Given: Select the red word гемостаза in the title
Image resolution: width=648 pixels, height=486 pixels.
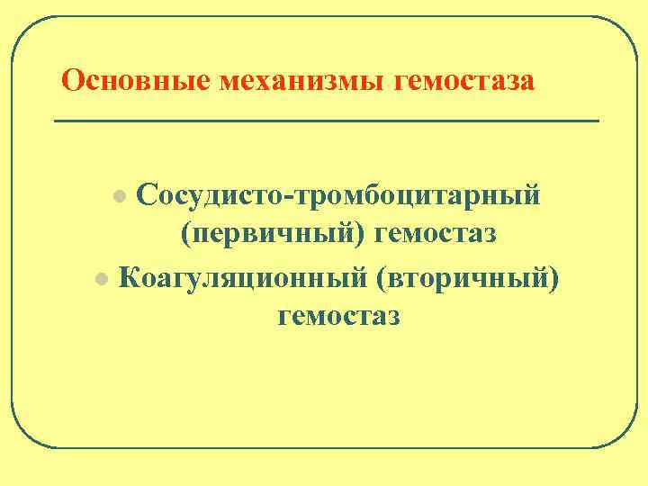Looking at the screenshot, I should click(464, 81).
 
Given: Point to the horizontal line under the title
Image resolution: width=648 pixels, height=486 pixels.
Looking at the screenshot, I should click(326, 120).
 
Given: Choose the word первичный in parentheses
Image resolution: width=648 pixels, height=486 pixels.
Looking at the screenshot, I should click(274, 236).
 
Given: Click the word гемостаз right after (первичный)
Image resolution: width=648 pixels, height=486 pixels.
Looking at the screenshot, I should click(440, 236).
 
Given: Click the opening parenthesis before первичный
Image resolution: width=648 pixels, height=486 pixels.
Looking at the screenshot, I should click(185, 236).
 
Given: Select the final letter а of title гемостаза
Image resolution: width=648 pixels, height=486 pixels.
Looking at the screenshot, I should click(527, 84).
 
